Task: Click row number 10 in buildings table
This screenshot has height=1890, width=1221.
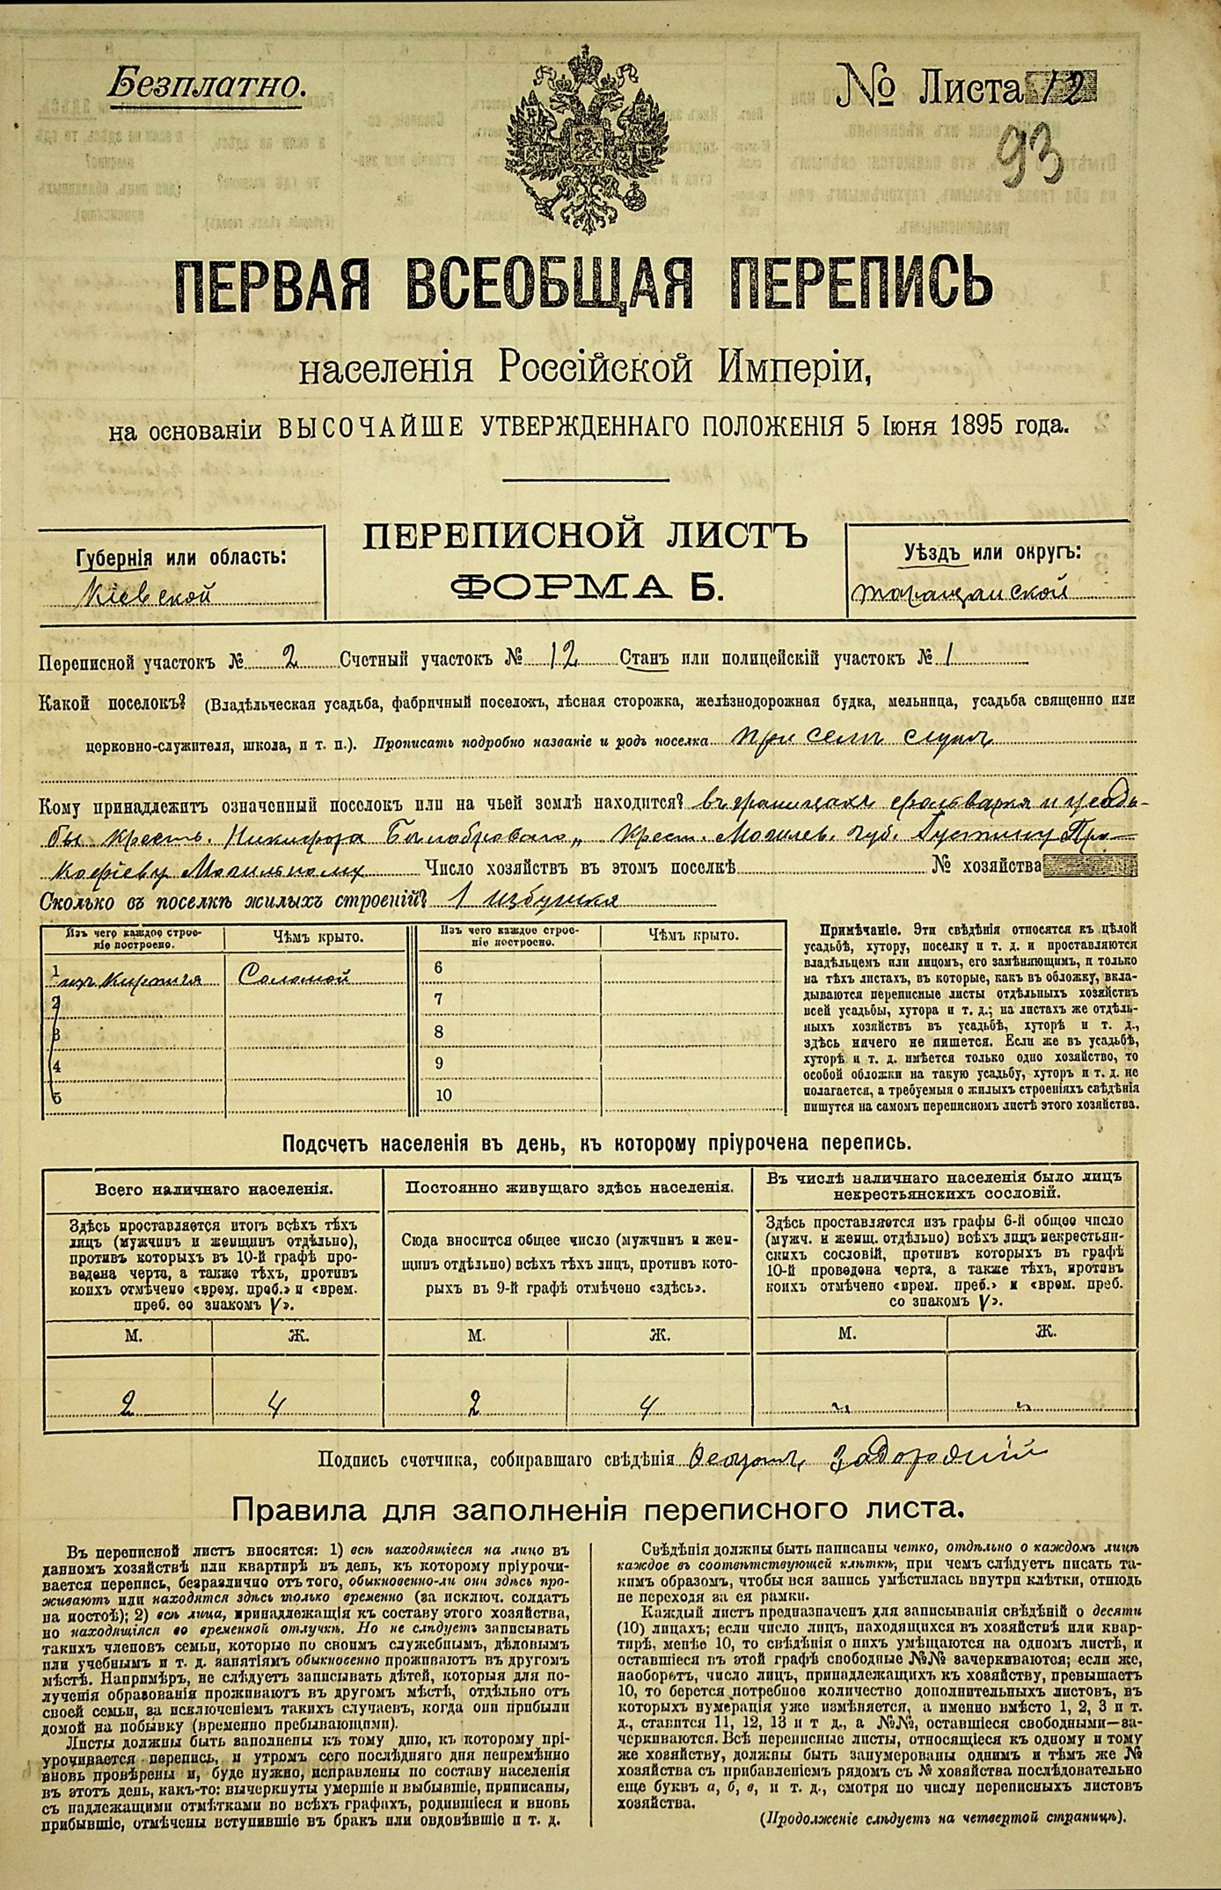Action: coord(442,1095)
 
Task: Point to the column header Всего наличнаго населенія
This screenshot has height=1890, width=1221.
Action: coord(214,1188)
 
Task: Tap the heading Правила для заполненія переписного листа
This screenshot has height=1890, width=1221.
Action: coord(598,1510)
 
